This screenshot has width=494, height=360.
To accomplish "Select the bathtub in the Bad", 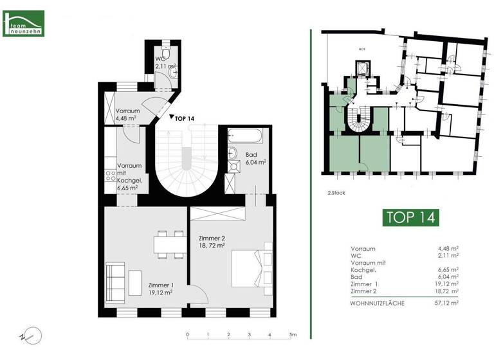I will coord(245,137).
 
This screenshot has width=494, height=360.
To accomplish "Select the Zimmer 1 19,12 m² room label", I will coord(161,288).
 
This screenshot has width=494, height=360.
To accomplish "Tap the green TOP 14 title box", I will coord(410,217).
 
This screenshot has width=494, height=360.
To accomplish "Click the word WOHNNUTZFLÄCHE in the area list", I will coord(378,302).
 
